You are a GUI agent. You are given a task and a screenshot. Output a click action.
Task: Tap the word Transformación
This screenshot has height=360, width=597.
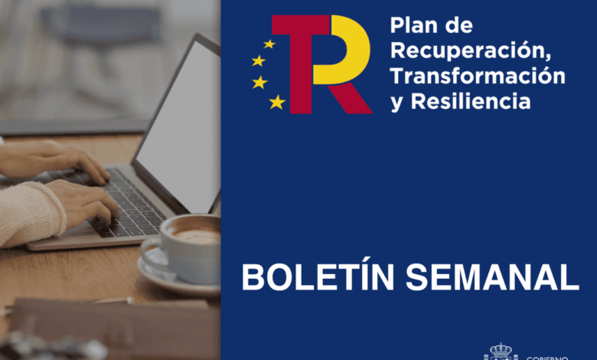tap(478, 76)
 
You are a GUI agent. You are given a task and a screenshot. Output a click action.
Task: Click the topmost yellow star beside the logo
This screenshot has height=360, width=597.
tap(269, 44)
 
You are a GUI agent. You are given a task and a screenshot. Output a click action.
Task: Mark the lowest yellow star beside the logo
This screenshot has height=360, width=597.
tap(277, 101)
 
